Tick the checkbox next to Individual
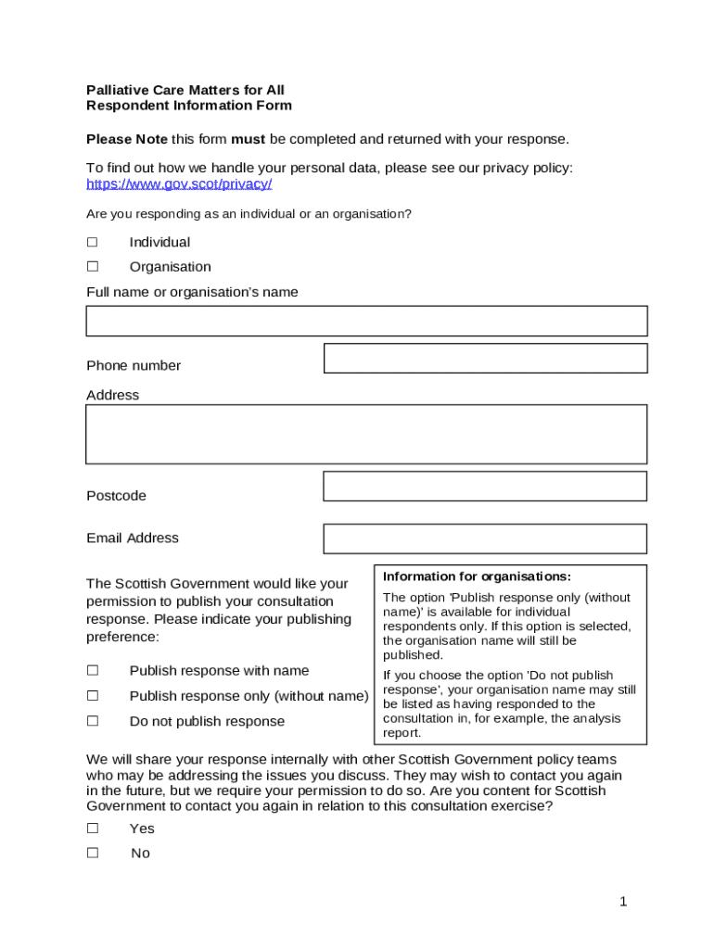[93, 242]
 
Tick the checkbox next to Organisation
[93, 267]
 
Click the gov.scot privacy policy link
[179, 183]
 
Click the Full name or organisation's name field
[366, 321]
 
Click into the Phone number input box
[485, 359]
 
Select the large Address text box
[366, 434]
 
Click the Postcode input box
[485, 487]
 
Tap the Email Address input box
[485, 538]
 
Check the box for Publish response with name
[93, 670]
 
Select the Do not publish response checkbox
[93, 721]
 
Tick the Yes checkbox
[93, 829]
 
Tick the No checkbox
[93, 853]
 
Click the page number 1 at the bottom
[624, 902]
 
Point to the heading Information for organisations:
[477, 576]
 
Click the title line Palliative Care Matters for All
[185, 90]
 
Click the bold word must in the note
[248, 139]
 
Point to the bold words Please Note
[127, 139]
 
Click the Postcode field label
[116, 496]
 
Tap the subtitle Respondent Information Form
[189, 106]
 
